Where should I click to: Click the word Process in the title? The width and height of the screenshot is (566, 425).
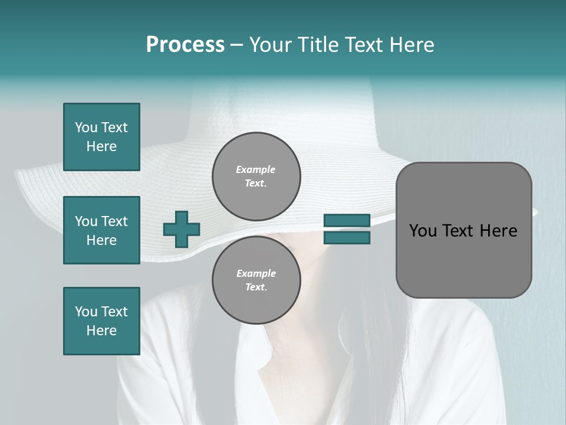click(185, 45)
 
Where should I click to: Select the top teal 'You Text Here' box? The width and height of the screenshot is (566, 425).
click(101, 137)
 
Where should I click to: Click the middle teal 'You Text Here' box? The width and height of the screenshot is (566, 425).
click(101, 230)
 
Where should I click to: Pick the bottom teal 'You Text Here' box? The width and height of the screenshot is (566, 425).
click(101, 321)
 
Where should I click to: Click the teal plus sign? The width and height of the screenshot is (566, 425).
click(182, 229)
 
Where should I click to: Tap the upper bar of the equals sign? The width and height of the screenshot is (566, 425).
click(347, 221)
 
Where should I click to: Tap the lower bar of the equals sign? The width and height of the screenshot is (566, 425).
click(347, 238)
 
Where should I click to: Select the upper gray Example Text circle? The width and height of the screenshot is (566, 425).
click(256, 176)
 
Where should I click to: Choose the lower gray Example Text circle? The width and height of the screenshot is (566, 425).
click(256, 280)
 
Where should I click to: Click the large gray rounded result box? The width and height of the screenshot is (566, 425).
click(463, 230)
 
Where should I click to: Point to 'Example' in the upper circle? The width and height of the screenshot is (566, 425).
click(256, 169)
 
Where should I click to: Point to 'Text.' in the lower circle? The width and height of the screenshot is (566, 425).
click(256, 287)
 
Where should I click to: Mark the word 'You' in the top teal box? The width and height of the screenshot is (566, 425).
click(86, 127)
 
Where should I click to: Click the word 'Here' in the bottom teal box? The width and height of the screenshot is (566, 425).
click(101, 331)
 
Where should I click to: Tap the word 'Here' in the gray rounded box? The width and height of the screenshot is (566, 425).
click(498, 231)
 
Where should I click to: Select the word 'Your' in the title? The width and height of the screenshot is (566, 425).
click(270, 45)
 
